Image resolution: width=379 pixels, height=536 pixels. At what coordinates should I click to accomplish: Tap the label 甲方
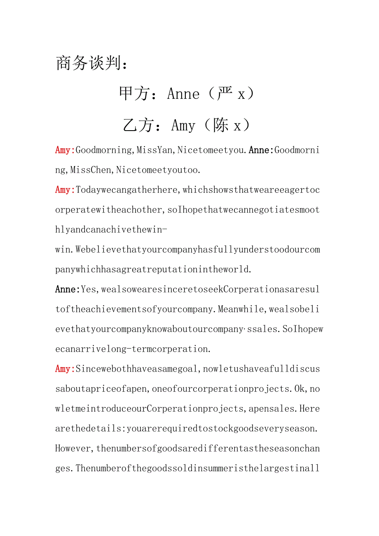point(133,94)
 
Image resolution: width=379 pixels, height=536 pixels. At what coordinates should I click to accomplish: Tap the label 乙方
point(137,125)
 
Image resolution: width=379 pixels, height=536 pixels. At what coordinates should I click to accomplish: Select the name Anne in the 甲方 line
point(183,94)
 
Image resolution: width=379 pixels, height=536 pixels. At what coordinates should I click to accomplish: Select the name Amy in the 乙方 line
point(183,125)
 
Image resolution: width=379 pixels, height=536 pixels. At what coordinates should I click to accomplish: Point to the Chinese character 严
point(225,94)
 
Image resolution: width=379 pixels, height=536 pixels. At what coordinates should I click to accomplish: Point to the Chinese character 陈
point(221,125)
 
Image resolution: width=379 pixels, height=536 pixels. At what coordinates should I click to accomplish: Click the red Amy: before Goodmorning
point(65,150)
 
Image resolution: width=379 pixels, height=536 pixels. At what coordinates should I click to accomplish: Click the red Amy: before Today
point(65,190)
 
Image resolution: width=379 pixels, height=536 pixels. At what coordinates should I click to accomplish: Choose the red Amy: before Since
point(65,369)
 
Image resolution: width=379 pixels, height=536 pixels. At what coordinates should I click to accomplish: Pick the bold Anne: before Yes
point(68,289)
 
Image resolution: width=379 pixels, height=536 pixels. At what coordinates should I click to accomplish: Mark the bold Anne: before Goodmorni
point(262,150)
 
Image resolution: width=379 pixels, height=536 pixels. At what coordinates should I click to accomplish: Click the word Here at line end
point(309,409)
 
